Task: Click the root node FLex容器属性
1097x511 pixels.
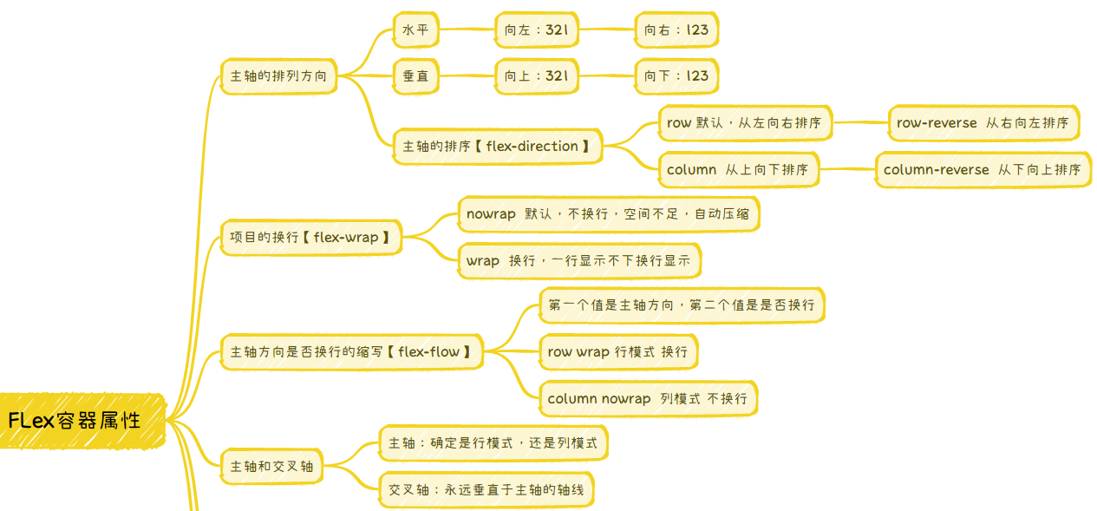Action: [82, 421]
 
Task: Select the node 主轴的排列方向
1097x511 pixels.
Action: [278, 76]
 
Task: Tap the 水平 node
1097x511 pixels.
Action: [415, 30]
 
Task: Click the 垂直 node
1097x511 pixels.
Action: [415, 76]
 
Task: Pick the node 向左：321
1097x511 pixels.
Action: [536, 30]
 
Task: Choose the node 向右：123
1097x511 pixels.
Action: [676, 30]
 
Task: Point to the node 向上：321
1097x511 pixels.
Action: [536, 76]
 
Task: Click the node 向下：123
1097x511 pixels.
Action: [676, 76]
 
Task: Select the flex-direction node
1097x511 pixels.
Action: [497, 147]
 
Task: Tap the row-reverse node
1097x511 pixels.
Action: [983, 123]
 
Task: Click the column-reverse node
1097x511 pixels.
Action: [983, 170]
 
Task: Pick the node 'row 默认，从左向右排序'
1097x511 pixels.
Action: [744, 123]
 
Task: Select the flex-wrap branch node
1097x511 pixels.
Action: [310, 237]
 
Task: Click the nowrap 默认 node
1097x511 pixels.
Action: [608, 214]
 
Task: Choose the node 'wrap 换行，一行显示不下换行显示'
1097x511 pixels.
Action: [578, 260]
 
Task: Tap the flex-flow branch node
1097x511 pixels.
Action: [351, 352]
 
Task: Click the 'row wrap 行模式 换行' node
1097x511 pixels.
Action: [617, 352]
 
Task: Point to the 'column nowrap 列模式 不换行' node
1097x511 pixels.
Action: [647, 399]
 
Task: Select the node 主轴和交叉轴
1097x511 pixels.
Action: [272, 467]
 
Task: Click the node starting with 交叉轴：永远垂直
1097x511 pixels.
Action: [486, 490]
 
